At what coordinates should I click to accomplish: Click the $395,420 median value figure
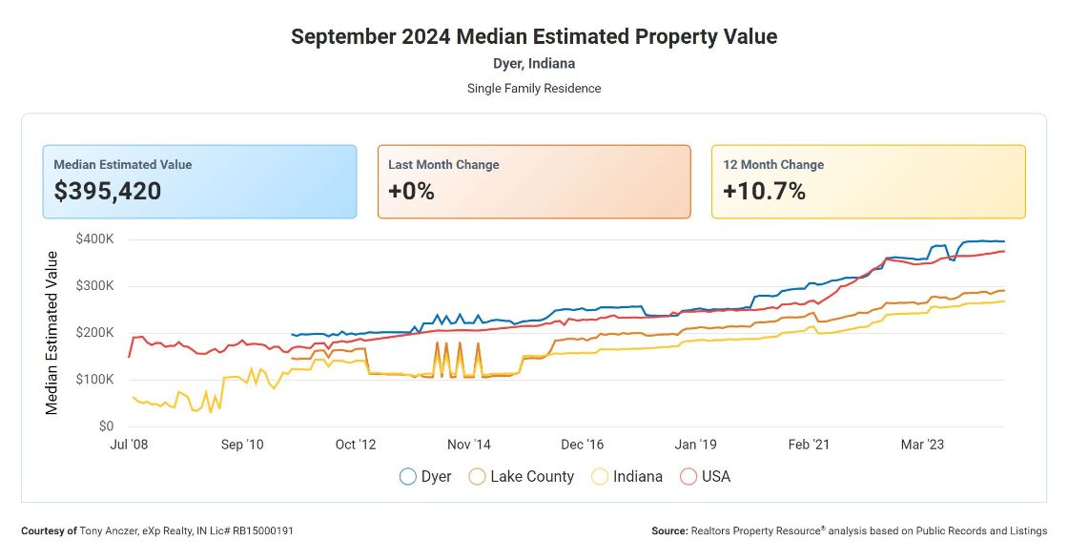point(107,191)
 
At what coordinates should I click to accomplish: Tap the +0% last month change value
point(411,191)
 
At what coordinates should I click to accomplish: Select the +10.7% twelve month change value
point(764,191)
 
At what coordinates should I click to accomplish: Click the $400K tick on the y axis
point(94,239)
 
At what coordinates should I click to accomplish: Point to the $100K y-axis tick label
point(94,379)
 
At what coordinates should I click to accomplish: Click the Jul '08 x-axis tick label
point(130,445)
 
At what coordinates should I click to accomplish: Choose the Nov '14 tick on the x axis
point(469,445)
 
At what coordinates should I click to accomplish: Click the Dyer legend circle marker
point(408,476)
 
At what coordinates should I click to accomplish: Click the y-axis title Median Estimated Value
point(52,332)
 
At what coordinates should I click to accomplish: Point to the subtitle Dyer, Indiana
point(534,64)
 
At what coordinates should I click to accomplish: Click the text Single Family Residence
point(534,88)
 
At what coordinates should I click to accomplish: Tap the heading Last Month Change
point(443,164)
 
